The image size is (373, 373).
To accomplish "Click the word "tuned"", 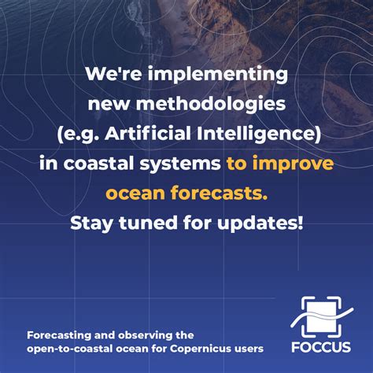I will pos(143,224).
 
